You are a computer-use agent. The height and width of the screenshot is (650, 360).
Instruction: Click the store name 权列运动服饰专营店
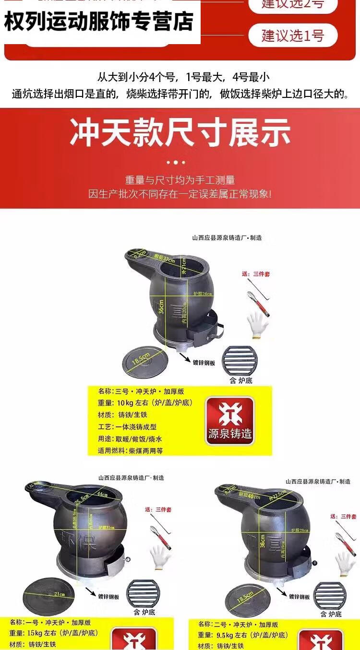[99, 22]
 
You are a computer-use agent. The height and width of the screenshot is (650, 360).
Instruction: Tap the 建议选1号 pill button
[293, 35]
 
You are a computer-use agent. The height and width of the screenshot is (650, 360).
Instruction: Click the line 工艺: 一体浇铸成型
[128, 426]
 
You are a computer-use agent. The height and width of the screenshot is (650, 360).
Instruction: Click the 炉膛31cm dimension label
[107, 527]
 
